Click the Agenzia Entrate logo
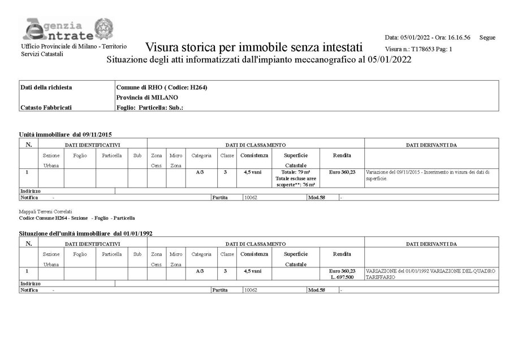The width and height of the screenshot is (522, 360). click(54, 29)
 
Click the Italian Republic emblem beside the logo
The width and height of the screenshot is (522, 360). click(103, 28)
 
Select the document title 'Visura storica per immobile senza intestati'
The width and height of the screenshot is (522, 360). click(253, 47)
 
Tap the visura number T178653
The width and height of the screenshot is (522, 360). click(420, 49)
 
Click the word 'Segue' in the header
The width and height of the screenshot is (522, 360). click(487, 37)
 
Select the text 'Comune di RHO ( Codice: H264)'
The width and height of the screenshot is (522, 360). click(158, 87)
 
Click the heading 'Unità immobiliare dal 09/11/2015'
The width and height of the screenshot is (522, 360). click(66, 135)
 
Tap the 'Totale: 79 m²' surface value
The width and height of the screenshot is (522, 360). click(295, 171)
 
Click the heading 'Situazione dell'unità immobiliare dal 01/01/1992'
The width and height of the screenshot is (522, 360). click(85, 233)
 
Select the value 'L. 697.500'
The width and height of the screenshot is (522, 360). click(342, 277)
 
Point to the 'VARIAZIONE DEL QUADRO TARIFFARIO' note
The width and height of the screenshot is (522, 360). click(431, 274)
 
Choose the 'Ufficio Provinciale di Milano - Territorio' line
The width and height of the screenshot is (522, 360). click(74, 46)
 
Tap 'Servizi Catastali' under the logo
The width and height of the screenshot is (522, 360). click(42, 54)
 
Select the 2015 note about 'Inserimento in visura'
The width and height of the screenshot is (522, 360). click(428, 175)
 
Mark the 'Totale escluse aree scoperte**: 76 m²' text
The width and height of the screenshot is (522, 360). click(295, 181)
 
